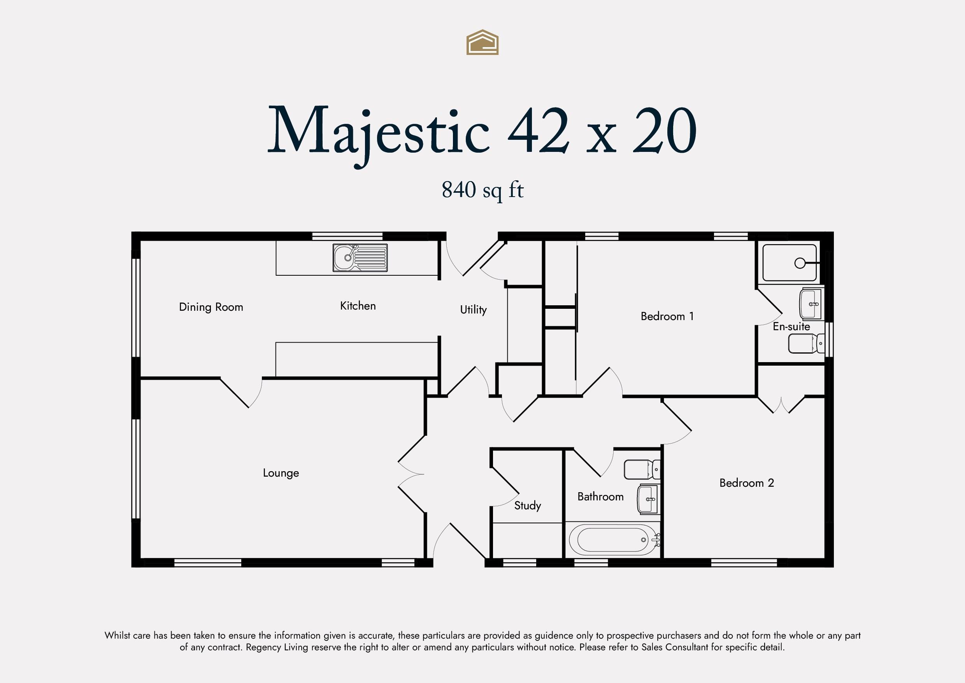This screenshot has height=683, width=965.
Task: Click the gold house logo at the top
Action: pos(482,42)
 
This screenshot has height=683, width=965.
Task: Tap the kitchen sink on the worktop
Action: pos(360,257)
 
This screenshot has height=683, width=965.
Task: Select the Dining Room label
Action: pos(211,307)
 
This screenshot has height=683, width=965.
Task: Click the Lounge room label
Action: pos(281,473)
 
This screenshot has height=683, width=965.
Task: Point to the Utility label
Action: pos(473,310)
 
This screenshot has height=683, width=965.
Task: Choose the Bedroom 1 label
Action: pos(667,316)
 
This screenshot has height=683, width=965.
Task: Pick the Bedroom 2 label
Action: pos(746,483)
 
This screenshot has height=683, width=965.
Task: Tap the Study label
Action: pos(528,505)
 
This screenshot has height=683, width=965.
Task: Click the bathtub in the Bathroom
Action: pos(613,540)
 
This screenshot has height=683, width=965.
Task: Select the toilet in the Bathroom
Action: pos(642,469)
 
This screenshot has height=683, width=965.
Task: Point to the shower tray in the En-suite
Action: pos(790,263)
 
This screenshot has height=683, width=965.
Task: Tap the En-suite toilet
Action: pos(806,343)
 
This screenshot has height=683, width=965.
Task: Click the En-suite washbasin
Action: pos(811,304)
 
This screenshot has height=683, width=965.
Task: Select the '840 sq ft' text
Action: pos(482,190)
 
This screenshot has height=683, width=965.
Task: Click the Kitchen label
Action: pos(358,306)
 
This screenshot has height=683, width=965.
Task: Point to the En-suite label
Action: pos(791,326)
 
